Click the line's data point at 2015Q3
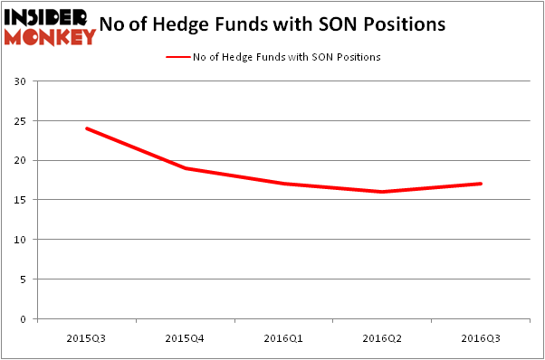(x=87, y=128)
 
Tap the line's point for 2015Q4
(x=186, y=168)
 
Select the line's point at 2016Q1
(x=284, y=184)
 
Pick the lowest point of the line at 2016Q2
(x=383, y=192)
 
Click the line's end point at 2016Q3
(x=482, y=184)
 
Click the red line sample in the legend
(x=177, y=57)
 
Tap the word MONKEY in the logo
(x=50, y=36)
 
